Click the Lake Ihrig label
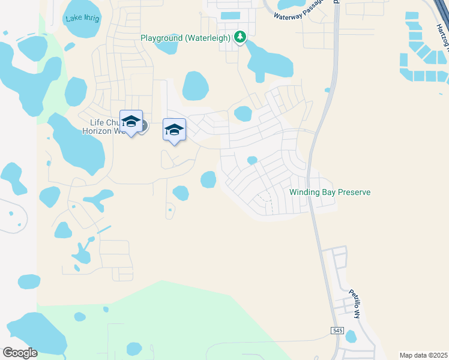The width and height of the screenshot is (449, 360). pos(83,18)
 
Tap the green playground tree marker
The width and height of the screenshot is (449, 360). pos(240,38)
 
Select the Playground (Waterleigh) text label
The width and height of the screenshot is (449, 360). pos(185,38)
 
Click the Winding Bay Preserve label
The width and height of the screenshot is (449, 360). pos(330,193)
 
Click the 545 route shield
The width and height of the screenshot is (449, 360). pos(336,331)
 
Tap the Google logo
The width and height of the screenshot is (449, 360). pos(20,353)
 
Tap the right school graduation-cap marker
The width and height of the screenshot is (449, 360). pos(174,130)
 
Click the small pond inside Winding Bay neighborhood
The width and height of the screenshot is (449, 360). pos(252,160)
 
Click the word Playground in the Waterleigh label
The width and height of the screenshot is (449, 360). pos(161,38)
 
